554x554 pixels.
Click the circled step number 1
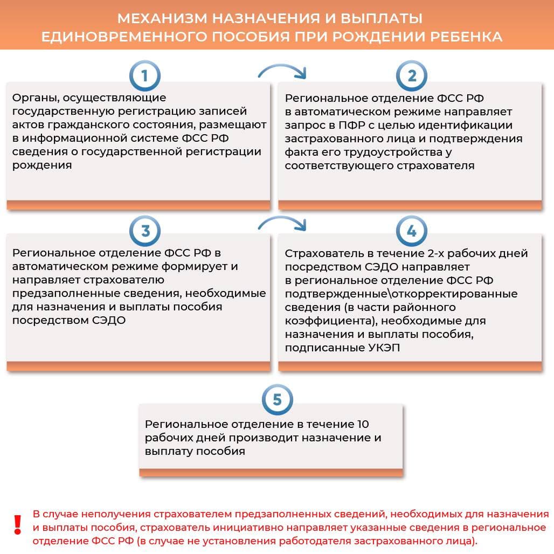point(144,77)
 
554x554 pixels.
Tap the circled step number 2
point(411,77)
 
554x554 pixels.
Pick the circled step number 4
point(411,231)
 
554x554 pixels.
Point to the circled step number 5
point(277,400)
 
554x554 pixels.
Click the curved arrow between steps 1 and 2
point(282,71)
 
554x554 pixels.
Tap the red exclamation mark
point(18,524)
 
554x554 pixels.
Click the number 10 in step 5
point(363,424)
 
